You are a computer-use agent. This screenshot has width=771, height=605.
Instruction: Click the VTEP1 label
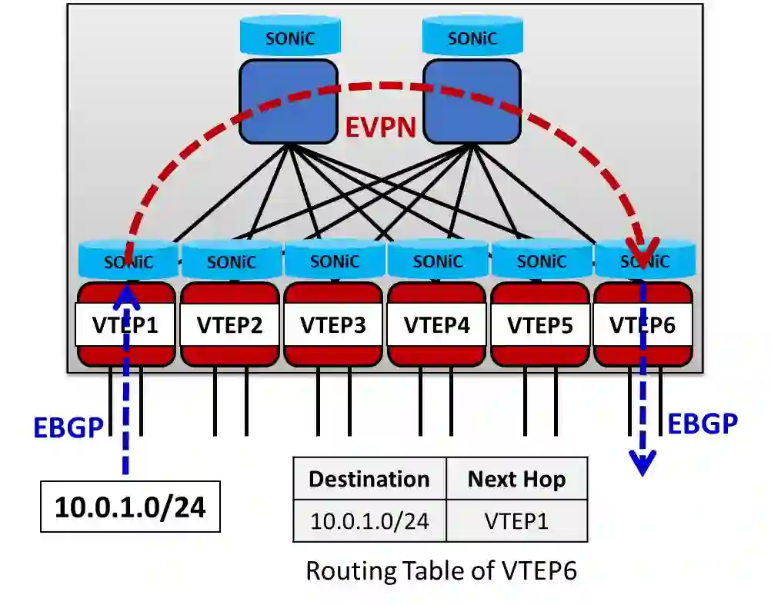pyautogui.click(x=125, y=325)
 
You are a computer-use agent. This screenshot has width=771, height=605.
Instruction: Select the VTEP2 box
pyautogui.click(x=229, y=325)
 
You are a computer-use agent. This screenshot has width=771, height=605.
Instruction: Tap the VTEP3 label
pyautogui.click(x=332, y=325)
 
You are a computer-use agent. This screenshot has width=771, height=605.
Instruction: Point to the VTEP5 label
pyautogui.click(x=539, y=325)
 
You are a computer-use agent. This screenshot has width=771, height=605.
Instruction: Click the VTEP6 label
pyautogui.click(x=642, y=325)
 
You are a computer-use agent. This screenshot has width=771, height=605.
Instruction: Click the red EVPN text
pyautogui.click(x=380, y=125)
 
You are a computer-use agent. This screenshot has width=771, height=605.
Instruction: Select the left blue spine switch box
pyautogui.click(x=288, y=101)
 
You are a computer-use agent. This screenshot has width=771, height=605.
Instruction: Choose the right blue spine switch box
pyautogui.click(x=472, y=101)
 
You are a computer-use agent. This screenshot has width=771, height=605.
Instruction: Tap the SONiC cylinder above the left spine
pyautogui.click(x=288, y=37)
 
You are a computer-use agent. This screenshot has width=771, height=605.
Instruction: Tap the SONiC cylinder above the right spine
pyautogui.click(x=472, y=37)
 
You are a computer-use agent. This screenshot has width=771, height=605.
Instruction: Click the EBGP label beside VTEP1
pyautogui.click(x=68, y=427)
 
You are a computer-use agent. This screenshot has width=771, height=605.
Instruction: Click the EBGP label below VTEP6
pyautogui.click(x=702, y=422)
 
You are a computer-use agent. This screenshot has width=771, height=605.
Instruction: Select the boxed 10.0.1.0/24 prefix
pyautogui.click(x=130, y=507)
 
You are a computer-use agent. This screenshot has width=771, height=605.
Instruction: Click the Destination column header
pyautogui.click(x=369, y=479)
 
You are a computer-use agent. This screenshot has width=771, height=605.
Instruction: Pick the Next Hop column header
pyautogui.click(x=516, y=479)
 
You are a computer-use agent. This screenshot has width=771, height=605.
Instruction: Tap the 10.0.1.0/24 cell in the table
pyautogui.click(x=369, y=520)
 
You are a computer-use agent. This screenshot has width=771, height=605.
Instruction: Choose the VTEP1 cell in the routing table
pyautogui.click(x=516, y=520)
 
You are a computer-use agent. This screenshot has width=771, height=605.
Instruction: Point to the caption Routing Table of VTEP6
pyautogui.click(x=441, y=570)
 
